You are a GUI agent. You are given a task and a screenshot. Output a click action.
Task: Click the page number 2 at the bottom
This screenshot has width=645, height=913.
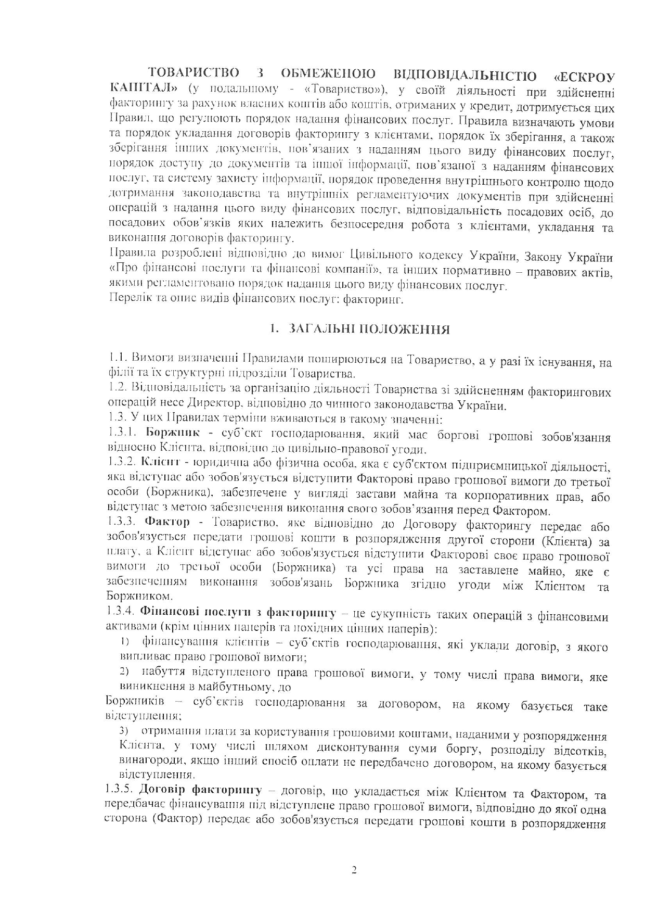click(x=354, y=870)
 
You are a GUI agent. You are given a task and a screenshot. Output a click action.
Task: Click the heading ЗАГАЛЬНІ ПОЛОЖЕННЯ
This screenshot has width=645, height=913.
click(x=369, y=329)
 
